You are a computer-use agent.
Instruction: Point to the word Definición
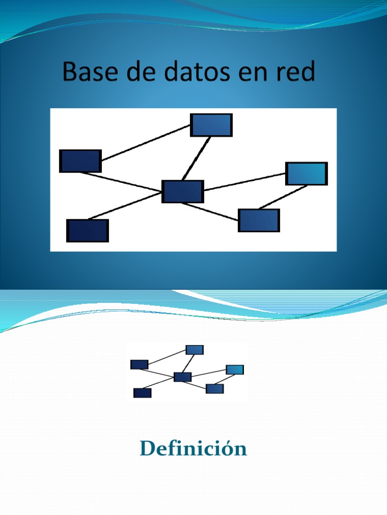click(193, 448)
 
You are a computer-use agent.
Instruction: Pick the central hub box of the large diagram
click(182, 192)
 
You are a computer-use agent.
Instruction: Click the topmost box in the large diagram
click(211, 125)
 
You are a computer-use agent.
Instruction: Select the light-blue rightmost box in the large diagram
click(306, 174)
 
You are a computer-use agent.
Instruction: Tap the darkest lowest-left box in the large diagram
click(87, 230)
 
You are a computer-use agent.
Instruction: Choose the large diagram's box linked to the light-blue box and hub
click(259, 220)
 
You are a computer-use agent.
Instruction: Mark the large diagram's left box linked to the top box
click(80, 161)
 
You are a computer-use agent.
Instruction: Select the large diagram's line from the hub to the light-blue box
click(245, 182)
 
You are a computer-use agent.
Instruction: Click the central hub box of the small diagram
click(182, 377)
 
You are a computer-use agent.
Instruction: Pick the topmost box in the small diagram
click(195, 350)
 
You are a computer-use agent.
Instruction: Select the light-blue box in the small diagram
click(235, 370)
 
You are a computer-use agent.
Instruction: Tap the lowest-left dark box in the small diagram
click(142, 393)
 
